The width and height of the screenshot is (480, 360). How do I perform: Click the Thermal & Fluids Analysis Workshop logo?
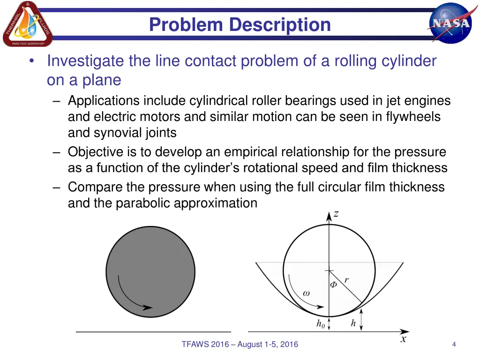point(27,24)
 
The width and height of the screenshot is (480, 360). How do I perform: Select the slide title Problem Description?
point(240,25)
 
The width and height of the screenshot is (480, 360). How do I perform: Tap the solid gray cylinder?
point(150,271)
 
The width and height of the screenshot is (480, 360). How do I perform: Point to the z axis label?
point(336,214)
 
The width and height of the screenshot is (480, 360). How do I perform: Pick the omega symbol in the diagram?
point(306,293)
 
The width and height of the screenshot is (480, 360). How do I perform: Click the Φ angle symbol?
point(334,284)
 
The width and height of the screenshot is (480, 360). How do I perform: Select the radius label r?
point(346,280)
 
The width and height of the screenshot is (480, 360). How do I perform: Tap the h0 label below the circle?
point(321,324)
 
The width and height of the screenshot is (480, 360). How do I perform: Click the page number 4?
point(454,345)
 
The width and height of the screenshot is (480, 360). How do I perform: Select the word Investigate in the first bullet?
point(86,61)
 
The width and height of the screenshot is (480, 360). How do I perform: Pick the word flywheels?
point(413,117)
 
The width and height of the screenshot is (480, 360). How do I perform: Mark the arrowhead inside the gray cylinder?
point(148,307)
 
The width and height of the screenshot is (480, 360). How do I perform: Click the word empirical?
point(251,152)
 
